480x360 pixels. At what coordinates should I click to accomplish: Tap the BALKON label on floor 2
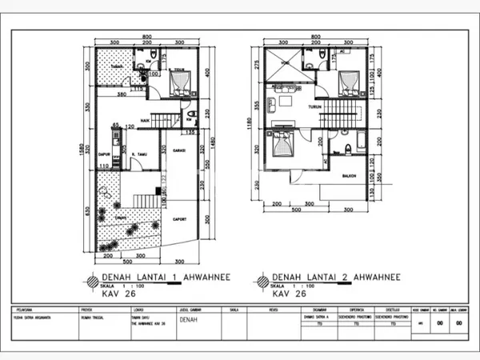click(348, 176)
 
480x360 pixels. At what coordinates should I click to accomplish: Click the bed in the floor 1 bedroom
click(181, 82)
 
